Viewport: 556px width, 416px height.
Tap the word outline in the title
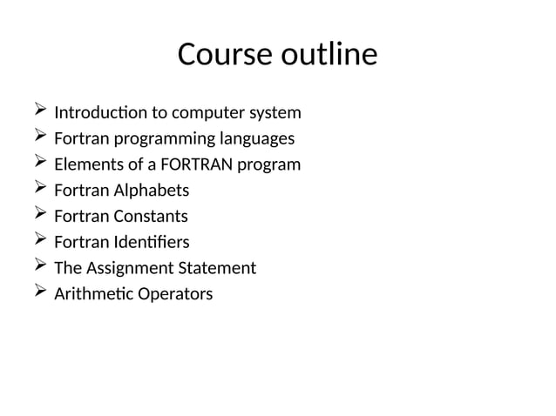(x=329, y=55)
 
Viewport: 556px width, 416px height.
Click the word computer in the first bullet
(x=205, y=113)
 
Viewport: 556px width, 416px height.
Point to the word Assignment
(x=128, y=268)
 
